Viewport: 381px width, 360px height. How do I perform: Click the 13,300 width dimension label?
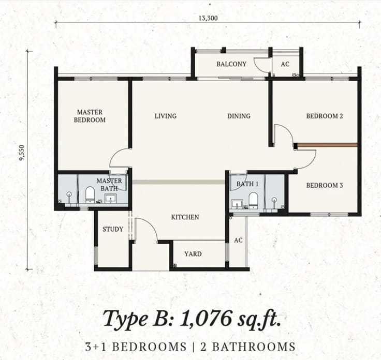(208, 18)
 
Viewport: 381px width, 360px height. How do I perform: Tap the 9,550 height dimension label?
(22, 153)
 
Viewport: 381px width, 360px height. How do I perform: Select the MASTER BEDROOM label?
(90, 116)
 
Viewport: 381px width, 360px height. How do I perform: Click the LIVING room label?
(166, 116)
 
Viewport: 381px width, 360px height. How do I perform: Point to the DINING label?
(239, 116)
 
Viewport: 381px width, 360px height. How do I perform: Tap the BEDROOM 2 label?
(325, 116)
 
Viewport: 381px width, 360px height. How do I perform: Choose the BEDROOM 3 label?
(325, 186)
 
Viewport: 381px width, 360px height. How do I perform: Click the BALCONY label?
(231, 64)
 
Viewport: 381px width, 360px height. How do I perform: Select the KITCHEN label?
(185, 217)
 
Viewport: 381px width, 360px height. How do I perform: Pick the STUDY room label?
(113, 229)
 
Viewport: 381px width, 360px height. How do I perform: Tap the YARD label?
(193, 254)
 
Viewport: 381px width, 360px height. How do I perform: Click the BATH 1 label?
(247, 184)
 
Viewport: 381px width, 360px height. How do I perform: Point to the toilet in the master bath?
(90, 194)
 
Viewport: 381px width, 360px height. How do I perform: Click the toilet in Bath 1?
(253, 200)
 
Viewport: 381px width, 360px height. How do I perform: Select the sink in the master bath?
(111, 198)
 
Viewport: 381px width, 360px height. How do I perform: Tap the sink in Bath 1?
(237, 204)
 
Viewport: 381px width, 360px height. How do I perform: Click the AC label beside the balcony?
(285, 64)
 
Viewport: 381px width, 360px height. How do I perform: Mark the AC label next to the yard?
(238, 241)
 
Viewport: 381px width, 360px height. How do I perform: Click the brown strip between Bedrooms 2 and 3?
(327, 145)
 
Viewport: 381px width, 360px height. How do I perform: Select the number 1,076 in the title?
(206, 318)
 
